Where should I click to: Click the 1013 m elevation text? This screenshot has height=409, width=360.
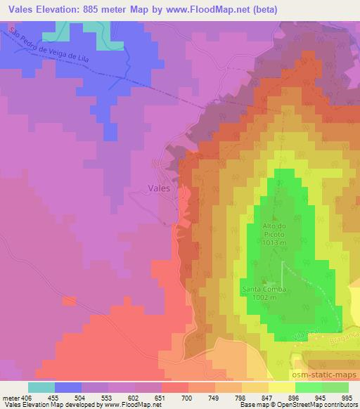click(274, 242)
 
